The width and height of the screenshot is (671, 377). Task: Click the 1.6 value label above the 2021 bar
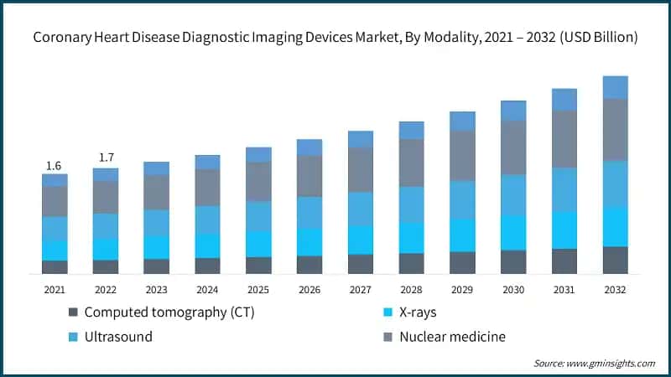[x=55, y=165]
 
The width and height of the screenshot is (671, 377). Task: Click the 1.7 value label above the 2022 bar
[x=106, y=158]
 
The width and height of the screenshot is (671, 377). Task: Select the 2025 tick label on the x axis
[x=258, y=289]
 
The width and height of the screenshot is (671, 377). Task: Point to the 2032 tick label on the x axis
[x=615, y=289]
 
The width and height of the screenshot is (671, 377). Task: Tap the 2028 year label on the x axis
[x=411, y=289]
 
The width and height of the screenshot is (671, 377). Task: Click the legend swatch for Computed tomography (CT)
[x=73, y=312]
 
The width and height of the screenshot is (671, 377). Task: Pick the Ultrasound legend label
[x=118, y=337]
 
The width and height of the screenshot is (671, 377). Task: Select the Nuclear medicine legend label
[x=452, y=337]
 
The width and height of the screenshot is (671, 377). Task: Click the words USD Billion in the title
[x=598, y=38]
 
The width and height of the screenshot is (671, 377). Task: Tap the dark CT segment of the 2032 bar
[x=615, y=260]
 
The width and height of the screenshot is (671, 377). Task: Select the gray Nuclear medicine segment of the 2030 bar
[x=513, y=147]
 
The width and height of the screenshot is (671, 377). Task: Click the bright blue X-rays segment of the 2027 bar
[x=361, y=239]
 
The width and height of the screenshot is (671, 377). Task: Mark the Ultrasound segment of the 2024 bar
[x=207, y=219]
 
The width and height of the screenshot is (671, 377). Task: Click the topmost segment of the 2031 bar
[x=564, y=100]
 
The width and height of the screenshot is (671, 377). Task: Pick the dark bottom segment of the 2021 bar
[x=55, y=266]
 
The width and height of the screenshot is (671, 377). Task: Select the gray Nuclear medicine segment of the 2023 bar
[x=156, y=192]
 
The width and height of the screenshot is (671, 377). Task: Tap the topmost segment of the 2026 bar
[x=309, y=147]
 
